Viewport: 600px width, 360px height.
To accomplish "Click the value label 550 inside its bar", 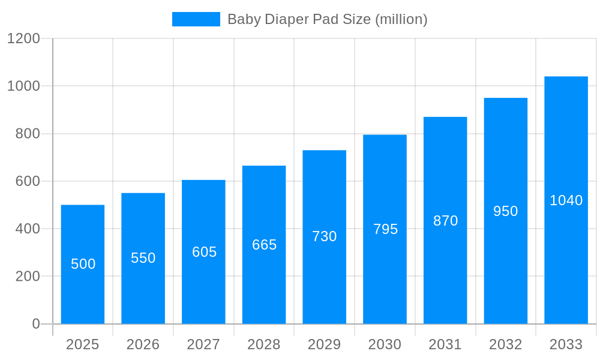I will [143, 258].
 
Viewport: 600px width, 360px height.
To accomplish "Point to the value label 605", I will [204, 252].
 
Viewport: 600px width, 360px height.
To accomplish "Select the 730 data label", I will [325, 236].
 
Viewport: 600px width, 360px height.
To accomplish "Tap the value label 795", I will [385, 229].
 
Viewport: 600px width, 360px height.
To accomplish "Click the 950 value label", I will [505, 211].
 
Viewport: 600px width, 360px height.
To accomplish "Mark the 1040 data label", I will [566, 200].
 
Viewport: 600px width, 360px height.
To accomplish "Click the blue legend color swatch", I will [196, 19].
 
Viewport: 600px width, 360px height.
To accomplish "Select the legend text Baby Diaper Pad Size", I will [327, 19].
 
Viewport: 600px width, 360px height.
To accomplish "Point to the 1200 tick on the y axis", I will [23, 38].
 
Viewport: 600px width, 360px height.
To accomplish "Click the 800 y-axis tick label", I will [28, 134].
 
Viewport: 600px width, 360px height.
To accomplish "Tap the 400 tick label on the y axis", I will [28, 229].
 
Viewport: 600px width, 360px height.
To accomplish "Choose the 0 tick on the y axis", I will [36, 324].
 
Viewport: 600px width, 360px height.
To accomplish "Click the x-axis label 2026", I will [143, 344].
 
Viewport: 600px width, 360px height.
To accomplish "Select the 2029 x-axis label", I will [325, 344].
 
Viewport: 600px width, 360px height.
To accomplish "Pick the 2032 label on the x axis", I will [505, 344].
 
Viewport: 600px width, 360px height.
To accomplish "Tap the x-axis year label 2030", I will [385, 344].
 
